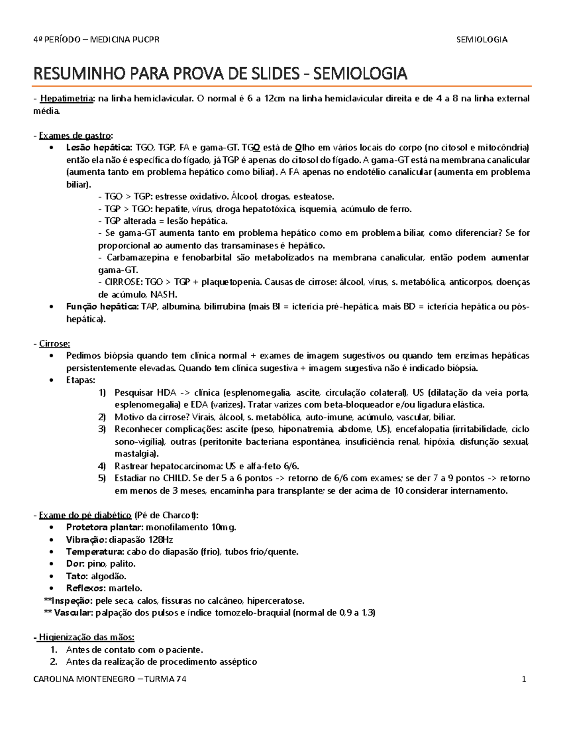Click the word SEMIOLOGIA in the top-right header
coord(482,39)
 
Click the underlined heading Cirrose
coord(54,344)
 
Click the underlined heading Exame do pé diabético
coord(85,515)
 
